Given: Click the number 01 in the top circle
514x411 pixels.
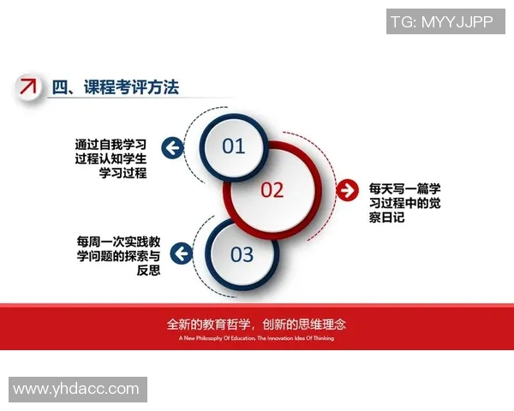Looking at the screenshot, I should [x=233, y=146].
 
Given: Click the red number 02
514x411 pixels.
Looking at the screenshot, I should [x=272, y=190].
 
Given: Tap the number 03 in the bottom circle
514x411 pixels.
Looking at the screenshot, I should [x=242, y=254].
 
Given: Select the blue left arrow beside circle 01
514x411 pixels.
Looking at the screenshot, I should [x=173, y=148].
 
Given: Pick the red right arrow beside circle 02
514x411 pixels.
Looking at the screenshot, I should [x=347, y=189].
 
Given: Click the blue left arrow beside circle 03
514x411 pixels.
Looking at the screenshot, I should [x=181, y=253].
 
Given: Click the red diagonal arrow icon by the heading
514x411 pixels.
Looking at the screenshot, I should [x=29, y=86].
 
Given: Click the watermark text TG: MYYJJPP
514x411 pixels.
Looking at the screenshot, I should [x=441, y=22].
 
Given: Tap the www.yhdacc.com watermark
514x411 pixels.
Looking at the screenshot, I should [x=76, y=389].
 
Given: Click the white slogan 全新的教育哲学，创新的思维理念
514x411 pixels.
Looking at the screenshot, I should [x=256, y=325].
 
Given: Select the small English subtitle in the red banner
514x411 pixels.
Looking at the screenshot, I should [x=256, y=338].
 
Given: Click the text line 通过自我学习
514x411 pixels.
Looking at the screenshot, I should [x=111, y=143].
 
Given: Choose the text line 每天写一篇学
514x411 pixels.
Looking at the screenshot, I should [x=404, y=187].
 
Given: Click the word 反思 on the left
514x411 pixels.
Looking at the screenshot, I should [x=149, y=271].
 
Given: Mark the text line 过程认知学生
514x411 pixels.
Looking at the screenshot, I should [x=111, y=158].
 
